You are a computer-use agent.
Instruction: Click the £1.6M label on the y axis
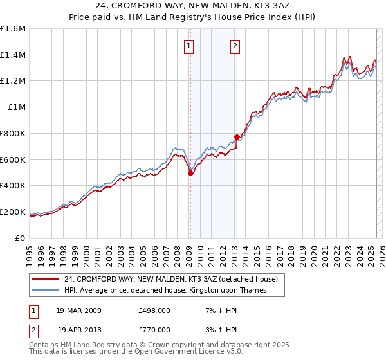tap(13, 29)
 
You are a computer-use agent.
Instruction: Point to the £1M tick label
tap(17, 107)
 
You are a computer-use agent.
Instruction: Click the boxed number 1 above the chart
tap(189, 46)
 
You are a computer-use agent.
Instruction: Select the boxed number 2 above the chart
tap(235, 46)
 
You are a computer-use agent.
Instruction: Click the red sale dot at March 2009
tap(190, 172)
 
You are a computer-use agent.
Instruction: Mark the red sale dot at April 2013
tap(237, 137)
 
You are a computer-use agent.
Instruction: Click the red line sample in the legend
tap(46, 279)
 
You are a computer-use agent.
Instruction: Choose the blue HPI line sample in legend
tap(46, 291)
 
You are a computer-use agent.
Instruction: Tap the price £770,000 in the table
tap(154, 328)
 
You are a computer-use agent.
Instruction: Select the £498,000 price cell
tap(154, 310)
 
